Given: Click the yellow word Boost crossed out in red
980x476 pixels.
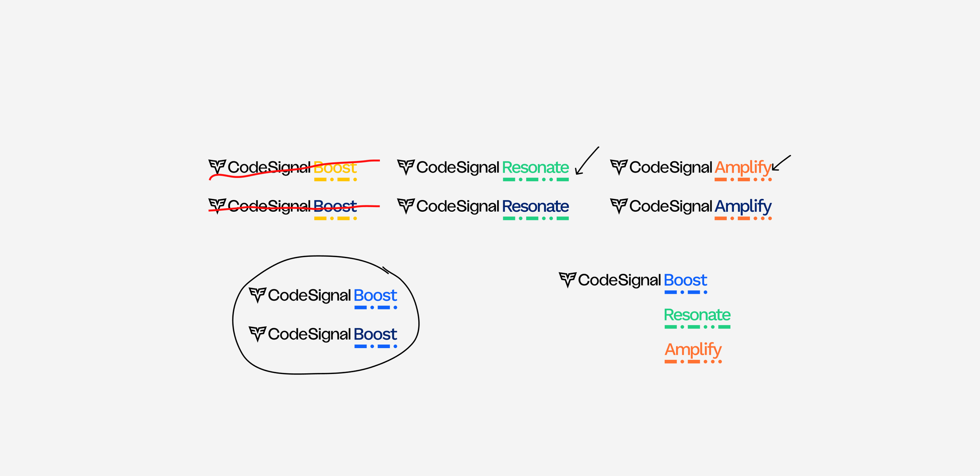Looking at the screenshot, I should click(x=335, y=167).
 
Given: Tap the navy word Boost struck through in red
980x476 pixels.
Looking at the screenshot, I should click(x=335, y=206).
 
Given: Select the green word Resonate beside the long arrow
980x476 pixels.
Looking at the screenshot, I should click(x=535, y=167).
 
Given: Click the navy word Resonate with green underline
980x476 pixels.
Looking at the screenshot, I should click(x=535, y=206).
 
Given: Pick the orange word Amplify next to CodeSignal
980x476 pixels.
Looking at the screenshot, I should click(x=742, y=168).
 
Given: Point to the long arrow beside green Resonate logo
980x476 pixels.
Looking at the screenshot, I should click(x=586, y=161).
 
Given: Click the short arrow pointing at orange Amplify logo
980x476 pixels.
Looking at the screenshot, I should click(x=781, y=163).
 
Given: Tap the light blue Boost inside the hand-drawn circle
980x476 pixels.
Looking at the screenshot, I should click(x=375, y=295).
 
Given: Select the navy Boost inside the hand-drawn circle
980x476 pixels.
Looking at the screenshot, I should click(x=375, y=334).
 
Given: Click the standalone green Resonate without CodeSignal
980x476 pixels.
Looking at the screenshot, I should click(x=697, y=315).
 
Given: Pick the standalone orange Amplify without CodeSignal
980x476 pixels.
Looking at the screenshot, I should click(x=693, y=350).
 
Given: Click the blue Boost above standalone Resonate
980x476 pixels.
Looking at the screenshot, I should click(x=685, y=280).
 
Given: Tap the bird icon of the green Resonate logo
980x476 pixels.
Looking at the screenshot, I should click(x=406, y=167).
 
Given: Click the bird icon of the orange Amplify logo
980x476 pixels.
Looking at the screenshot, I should click(x=619, y=167).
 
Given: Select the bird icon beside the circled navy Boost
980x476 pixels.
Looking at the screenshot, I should click(x=258, y=334).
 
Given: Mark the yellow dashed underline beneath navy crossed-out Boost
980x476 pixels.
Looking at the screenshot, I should click(x=335, y=218).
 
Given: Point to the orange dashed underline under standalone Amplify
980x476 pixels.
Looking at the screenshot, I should click(x=693, y=362).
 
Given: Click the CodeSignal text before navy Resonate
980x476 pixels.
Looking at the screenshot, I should click(x=457, y=206).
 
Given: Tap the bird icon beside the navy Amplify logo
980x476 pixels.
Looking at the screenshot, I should click(x=619, y=205).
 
